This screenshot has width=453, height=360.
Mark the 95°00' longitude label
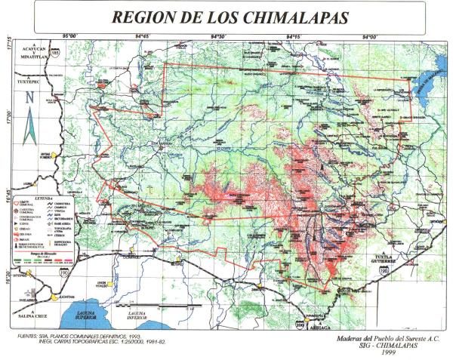(72, 35)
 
